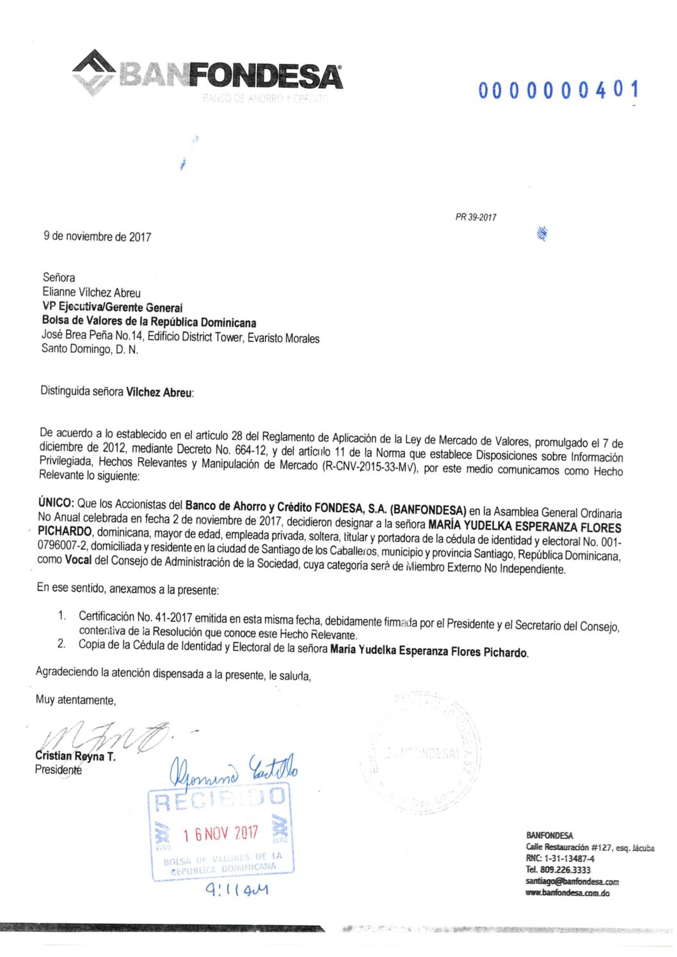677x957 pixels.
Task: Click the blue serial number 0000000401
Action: pos(558,91)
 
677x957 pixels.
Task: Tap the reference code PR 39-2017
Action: pos(475,217)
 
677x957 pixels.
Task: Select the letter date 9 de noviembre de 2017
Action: pos(97,237)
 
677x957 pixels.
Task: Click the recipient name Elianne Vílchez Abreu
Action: pos(92,293)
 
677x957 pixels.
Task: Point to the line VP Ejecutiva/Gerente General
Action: pos(112,307)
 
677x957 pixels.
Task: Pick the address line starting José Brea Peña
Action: pos(180,337)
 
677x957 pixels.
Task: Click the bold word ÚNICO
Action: pos(56,504)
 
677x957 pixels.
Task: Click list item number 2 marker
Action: pos(61,644)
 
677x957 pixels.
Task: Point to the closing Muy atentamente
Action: pos(76,700)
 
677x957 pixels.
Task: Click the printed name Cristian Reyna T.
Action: pos(76,756)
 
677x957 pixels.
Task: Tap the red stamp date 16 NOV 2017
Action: pos(221,834)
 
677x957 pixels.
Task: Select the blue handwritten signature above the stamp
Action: pos(233,770)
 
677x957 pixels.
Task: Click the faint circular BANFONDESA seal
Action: pos(422,753)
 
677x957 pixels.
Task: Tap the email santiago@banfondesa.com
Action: pos(572,882)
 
